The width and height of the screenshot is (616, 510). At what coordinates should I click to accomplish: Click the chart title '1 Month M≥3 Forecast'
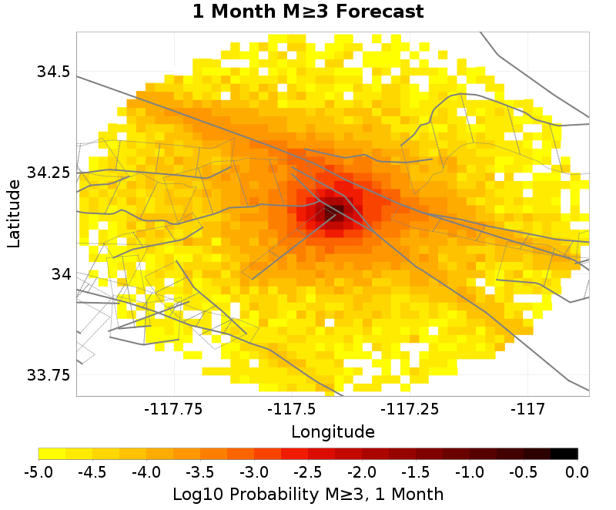pos(308,12)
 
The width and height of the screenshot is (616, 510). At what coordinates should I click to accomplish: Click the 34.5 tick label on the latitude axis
pos(53,72)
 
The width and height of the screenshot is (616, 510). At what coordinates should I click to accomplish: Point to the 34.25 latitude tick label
pos(49,173)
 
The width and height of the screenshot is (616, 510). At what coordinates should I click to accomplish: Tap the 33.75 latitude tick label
pos(49,375)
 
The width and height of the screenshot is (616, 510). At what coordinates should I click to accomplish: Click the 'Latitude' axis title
pos(14,213)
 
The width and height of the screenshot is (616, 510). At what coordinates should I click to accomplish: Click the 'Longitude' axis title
pos(333,431)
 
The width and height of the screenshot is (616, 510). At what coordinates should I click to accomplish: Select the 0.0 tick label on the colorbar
pos(577,471)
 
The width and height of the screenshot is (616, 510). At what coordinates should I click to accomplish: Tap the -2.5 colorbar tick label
pos(308,471)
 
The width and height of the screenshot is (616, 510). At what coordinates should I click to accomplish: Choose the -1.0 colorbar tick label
pos(470,471)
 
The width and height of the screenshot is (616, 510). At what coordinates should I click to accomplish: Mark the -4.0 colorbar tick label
pos(146,471)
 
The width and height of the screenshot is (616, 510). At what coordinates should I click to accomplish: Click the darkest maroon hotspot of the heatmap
pos(334,210)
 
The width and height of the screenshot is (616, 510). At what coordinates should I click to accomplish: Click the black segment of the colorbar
pos(564,454)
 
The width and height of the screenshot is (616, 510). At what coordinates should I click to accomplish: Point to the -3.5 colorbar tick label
pos(200,471)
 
